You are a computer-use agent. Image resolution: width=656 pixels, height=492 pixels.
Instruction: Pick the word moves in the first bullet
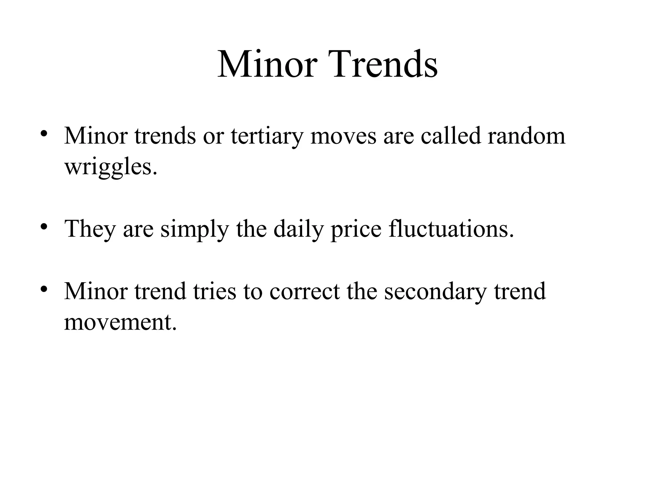point(343,136)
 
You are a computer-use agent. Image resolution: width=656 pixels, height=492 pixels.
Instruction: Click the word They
point(90,229)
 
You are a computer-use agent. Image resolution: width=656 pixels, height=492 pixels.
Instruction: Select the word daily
point(299,229)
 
